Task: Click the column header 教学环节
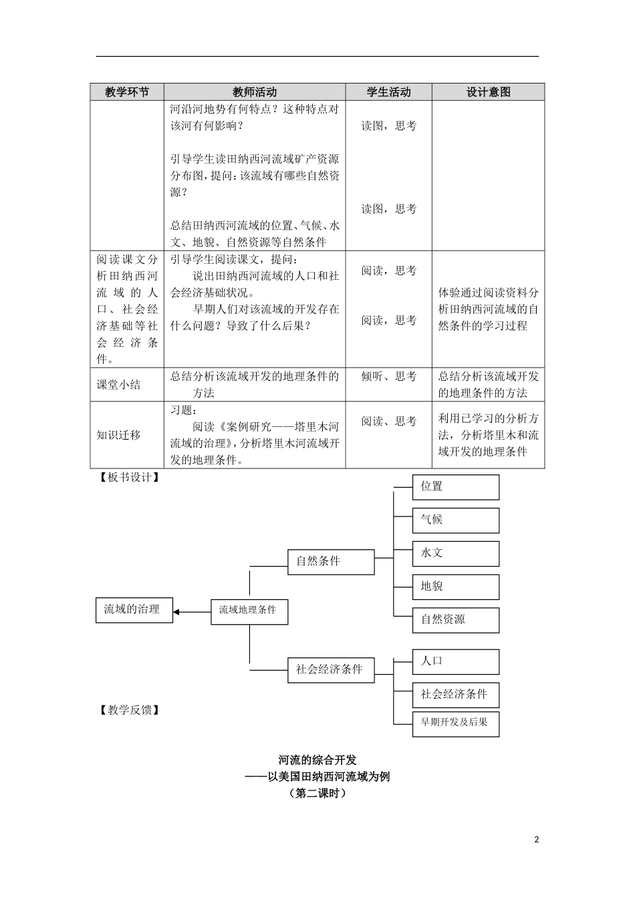pyautogui.click(x=127, y=92)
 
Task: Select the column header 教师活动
pyautogui.click(x=255, y=92)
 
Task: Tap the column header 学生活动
pyautogui.click(x=388, y=92)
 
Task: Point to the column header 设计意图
pyautogui.click(x=488, y=92)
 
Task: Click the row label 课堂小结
pyautogui.click(x=119, y=384)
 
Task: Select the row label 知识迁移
pyautogui.click(x=119, y=434)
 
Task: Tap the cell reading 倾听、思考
pyautogui.click(x=388, y=377)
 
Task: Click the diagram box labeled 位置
pyautogui.click(x=456, y=487)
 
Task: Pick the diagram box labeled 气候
pyautogui.click(x=456, y=520)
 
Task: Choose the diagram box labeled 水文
pyautogui.click(x=456, y=553)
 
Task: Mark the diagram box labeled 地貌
pyautogui.click(x=456, y=587)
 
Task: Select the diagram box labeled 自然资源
pyautogui.click(x=456, y=619)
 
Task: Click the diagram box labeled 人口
pyautogui.click(x=456, y=661)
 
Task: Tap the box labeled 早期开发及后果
pyautogui.click(x=456, y=723)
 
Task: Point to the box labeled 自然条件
pyautogui.click(x=331, y=561)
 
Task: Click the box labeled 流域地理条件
pyautogui.click(x=249, y=610)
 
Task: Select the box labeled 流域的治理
pyautogui.click(x=134, y=609)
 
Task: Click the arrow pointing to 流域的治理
pyautogui.click(x=192, y=611)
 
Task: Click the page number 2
pyautogui.click(x=536, y=840)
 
